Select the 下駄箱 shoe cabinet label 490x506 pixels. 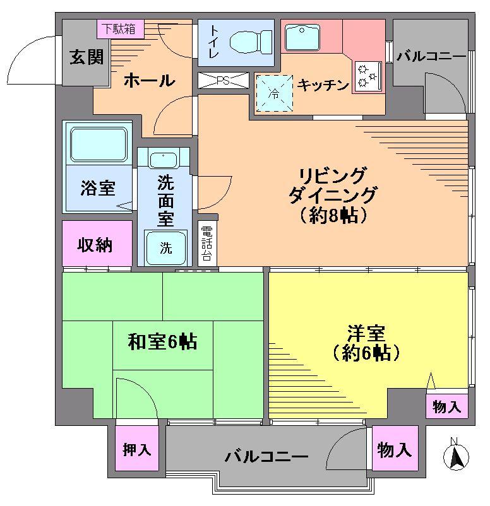coord(120,28)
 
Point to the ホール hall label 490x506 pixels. coord(149,81)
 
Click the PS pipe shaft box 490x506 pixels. coord(222,81)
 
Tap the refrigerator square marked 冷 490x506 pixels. coord(274,93)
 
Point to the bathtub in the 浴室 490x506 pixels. coord(99,144)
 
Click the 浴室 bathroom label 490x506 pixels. coord(97,187)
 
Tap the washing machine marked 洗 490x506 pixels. coord(165,247)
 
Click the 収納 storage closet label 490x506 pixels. coord(95,244)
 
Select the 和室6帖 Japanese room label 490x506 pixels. coord(162,342)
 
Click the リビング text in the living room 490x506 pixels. coord(332,175)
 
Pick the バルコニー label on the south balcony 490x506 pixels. coord(266,456)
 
